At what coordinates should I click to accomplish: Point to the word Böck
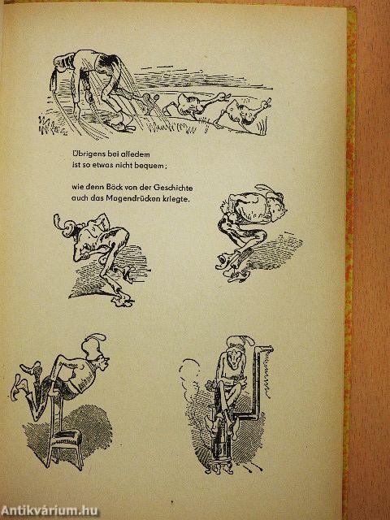pos(106,188)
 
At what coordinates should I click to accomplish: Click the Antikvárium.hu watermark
pos(49,511)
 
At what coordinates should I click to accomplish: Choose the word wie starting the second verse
pos(76,188)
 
